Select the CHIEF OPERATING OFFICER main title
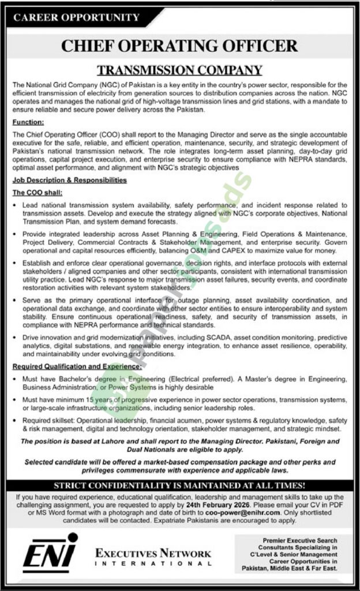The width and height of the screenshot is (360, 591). pyautogui.click(x=179, y=46)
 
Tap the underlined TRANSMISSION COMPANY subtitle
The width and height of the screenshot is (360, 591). pyautogui.click(x=179, y=70)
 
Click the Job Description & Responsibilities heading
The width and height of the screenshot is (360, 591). pyautogui.click(x=69, y=180)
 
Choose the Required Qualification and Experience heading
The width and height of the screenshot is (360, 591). pyautogui.click(x=77, y=366)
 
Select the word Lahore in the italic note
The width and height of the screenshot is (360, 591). pyautogui.click(x=117, y=441)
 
